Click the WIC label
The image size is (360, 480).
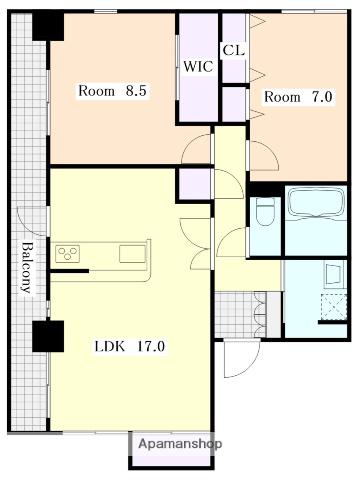point(198,67)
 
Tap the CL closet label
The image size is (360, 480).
point(234,50)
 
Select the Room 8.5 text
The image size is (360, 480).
point(112,91)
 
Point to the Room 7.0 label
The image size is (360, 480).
point(298,97)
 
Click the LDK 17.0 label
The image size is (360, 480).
point(130,347)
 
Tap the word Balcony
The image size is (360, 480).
point(27,268)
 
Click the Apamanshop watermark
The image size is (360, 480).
point(180,444)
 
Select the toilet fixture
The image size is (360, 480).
point(266,212)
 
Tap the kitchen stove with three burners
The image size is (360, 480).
point(68,254)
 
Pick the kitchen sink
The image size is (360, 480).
point(133,254)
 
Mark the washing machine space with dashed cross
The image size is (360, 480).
point(333,307)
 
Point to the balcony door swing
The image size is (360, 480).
point(32,222)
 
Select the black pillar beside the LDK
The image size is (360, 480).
point(48,336)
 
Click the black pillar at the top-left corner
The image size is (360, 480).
point(48,27)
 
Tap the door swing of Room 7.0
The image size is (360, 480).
point(263,155)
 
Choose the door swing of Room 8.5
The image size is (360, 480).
point(197,148)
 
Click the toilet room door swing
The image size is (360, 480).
point(232,242)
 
